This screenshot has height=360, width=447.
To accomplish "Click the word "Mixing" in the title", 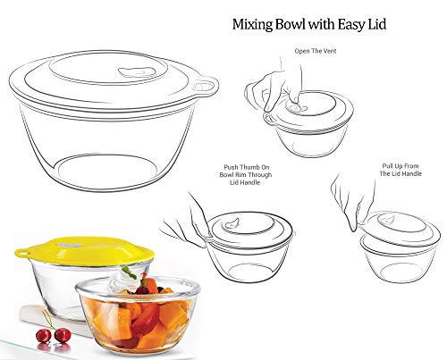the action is click(252, 25).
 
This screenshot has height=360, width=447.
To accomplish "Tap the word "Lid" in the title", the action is click(377, 24).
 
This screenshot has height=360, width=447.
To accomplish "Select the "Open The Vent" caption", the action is click(316, 51).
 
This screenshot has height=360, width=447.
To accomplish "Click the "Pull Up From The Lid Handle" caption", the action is click(401, 170).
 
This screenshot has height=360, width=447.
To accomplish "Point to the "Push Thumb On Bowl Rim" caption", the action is click(246, 175).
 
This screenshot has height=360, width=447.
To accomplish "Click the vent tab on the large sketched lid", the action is click(137, 72).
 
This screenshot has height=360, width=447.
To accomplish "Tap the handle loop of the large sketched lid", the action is click(206, 87).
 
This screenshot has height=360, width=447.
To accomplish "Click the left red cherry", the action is click(44, 336).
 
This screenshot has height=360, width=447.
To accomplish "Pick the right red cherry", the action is click(63, 335).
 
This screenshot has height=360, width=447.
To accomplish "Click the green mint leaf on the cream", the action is click(129, 272).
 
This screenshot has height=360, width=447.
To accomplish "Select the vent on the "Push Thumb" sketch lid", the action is click(232, 222).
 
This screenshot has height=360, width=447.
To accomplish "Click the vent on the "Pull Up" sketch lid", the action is click(386, 220).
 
